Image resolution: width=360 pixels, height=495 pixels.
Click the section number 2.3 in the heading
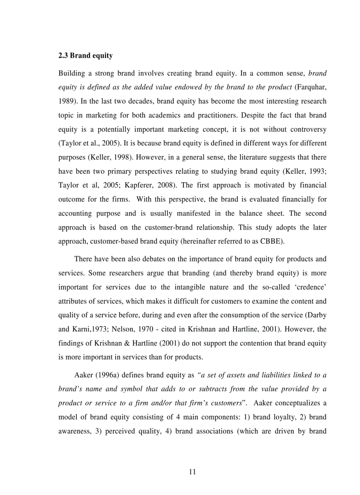tap(63, 56)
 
